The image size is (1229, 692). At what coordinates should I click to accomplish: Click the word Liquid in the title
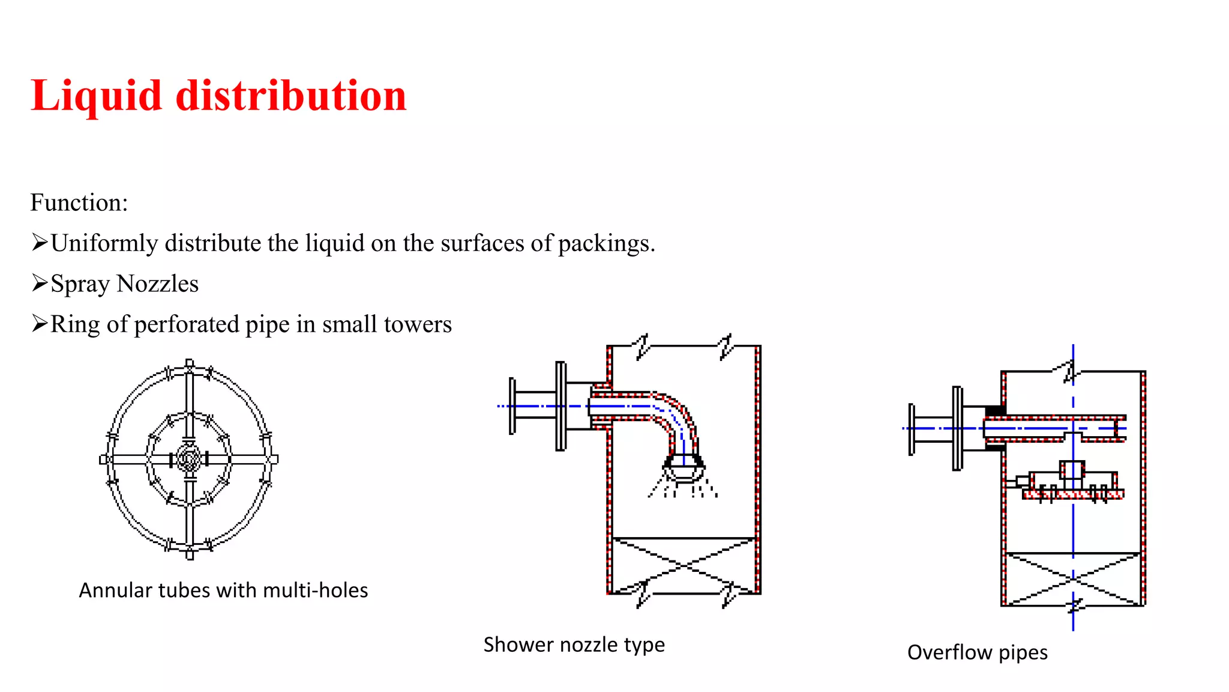96,96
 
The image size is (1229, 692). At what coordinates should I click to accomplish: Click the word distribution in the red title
291,96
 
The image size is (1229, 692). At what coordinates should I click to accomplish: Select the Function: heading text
79,203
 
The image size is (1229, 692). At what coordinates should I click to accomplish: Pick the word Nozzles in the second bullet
157,284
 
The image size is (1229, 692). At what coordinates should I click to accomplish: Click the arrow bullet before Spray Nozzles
40,283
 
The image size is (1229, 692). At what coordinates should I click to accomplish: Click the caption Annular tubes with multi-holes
223,590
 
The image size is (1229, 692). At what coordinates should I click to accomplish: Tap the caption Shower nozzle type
574,645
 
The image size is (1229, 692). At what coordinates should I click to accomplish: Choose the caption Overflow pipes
977,652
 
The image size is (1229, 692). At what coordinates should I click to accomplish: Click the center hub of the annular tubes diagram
190,460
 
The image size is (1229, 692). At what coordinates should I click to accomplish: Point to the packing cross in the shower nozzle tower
684,565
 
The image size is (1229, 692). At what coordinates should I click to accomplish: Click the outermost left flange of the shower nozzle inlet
512,406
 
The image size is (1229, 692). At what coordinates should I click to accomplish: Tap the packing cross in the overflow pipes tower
1073,579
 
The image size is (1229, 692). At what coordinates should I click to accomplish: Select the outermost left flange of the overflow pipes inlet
912,429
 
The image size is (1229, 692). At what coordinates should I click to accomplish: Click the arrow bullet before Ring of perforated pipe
40,324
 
